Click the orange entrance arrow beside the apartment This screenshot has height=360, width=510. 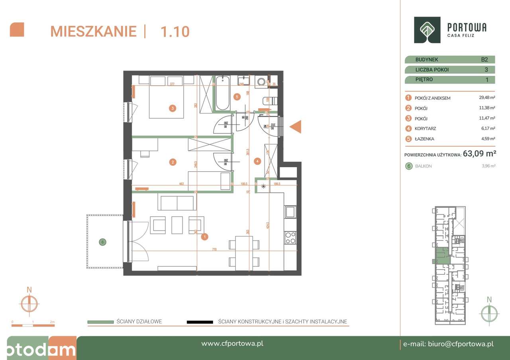click(x=296, y=127)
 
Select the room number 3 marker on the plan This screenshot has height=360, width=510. click(x=172, y=108)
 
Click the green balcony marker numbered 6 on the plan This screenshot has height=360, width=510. click(x=102, y=242)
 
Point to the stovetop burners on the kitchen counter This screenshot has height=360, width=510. click(x=290, y=237)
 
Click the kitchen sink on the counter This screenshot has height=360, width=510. click(x=290, y=211)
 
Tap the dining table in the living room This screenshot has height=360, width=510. click(x=244, y=251)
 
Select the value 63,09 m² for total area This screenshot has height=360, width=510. click(x=479, y=154)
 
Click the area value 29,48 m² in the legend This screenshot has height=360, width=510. click(x=487, y=98)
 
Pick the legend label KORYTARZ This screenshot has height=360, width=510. click(x=426, y=129)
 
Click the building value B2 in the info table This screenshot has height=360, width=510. click(x=484, y=60)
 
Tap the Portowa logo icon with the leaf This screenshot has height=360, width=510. click(x=427, y=30)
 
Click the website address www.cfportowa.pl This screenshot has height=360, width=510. click(x=232, y=344)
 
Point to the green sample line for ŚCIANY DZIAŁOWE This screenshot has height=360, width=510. click(x=100, y=322)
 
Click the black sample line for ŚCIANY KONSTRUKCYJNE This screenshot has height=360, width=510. click(x=199, y=322)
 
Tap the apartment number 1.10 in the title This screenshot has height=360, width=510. click(x=175, y=31)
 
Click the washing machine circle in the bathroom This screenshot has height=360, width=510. click(x=261, y=82)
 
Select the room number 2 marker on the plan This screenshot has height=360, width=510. click(x=173, y=162)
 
